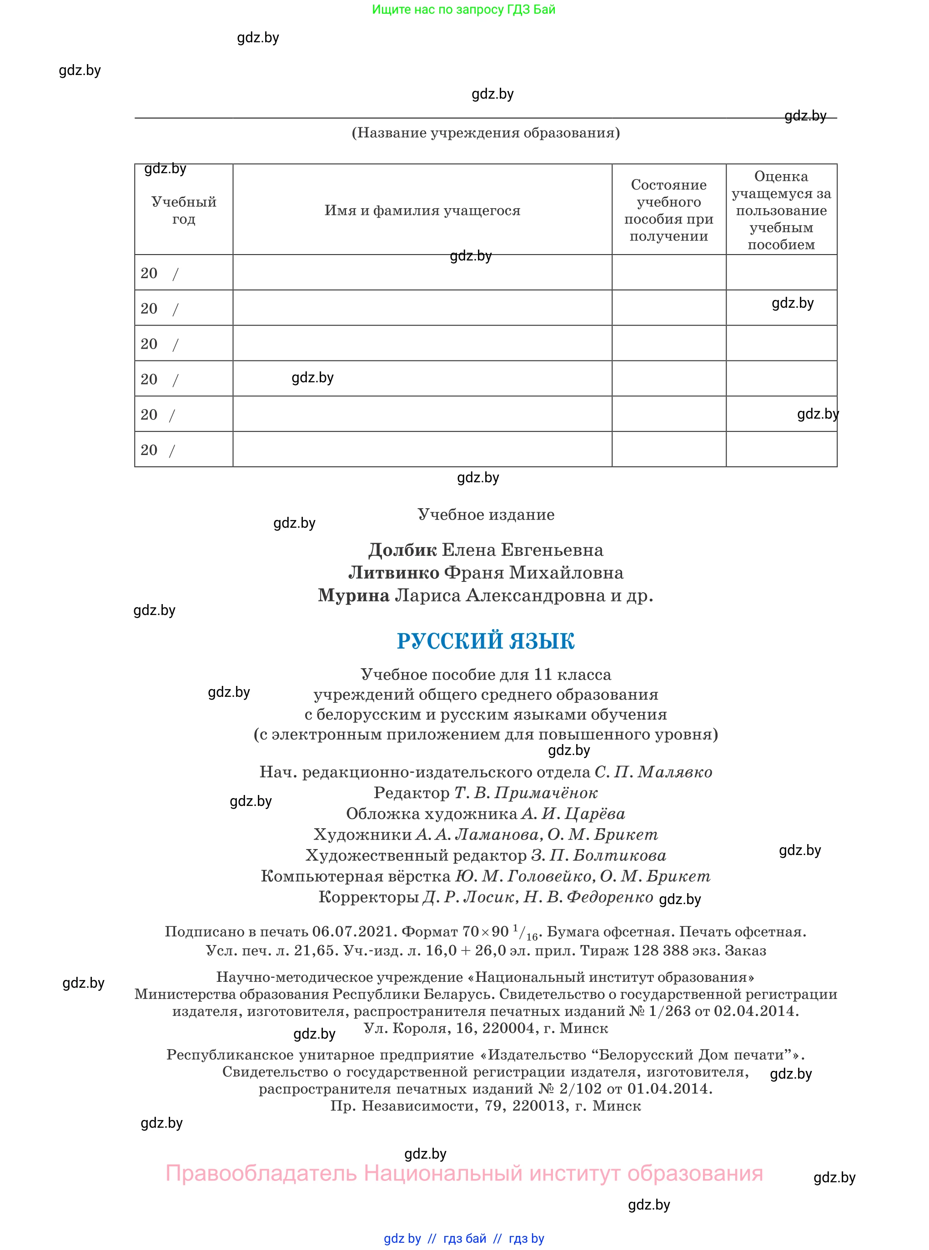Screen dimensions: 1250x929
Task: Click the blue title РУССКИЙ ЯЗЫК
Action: click(x=485, y=641)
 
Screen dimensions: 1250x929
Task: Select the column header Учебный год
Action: click(x=183, y=210)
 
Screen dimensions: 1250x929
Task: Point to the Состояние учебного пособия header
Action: click(x=668, y=210)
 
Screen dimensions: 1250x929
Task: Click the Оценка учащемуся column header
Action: click(x=781, y=210)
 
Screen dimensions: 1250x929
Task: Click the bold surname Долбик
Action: click(x=402, y=550)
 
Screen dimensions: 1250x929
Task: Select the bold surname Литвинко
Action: click(x=394, y=573)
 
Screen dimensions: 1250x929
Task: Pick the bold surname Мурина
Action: click(x=354, y=595)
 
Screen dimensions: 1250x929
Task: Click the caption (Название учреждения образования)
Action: click(x=486, y=133)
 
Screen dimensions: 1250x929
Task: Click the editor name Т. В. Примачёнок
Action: click(x=526, y=793)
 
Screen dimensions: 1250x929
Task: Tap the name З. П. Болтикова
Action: click(x=598, y=855)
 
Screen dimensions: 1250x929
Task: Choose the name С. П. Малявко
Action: click(x=653, y=772)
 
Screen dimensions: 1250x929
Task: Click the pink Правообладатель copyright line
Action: click(x=464, y=1174)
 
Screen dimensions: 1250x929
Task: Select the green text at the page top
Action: click(x=463, y=10)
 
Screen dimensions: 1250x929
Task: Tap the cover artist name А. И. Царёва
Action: click(x=573, y=814)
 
